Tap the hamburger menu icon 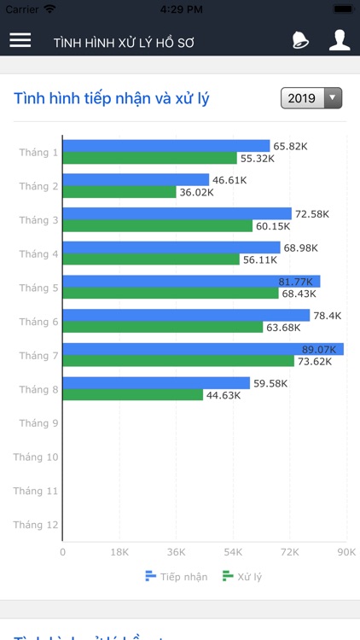tap(20, 41)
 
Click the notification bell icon tap(300, 40)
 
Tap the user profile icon tap(340, 40)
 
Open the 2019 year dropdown tap(311, 98)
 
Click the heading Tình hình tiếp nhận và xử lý tap(112, 98)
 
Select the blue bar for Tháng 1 tap(166, 146)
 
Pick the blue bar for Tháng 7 tap(203, 349)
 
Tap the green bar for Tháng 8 tap(133, 395)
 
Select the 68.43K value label tap(299, 294)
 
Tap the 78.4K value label tap(327, 316)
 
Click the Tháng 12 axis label tap(36, 525)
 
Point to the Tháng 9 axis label tap(38, 423)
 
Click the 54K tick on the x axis tap(233, 552)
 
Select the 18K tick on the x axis tap(119, 552)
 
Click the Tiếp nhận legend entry tap(177, 577)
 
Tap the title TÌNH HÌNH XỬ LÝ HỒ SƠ tap(125, 42)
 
